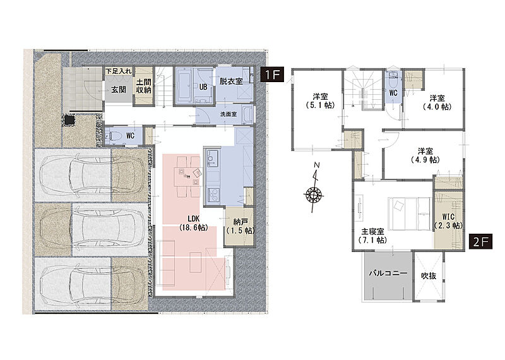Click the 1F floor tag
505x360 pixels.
pos(272,75)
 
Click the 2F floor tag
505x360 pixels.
pos(480,241)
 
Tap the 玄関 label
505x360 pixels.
pos(119,90)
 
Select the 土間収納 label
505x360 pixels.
pos(143,87)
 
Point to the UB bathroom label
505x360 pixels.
pos(203,87)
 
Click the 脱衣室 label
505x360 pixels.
pos(231,81)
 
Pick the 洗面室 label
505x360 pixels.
pos(229,114)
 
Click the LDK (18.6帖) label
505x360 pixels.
pos(193,224)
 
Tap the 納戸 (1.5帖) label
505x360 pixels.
pos(241,226)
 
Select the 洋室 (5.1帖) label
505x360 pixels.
pos(320,100)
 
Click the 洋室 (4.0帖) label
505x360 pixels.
pos(437,102)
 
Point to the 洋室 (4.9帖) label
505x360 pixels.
pos(425,155)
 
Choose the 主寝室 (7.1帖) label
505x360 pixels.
pos(372,236)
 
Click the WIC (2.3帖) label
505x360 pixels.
pos(448,221)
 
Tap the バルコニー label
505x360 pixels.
pos(388,273)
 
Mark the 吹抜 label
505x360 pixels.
pos(429,276)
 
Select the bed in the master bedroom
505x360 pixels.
pos(409,213)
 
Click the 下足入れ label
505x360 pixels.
pos(119,71)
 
